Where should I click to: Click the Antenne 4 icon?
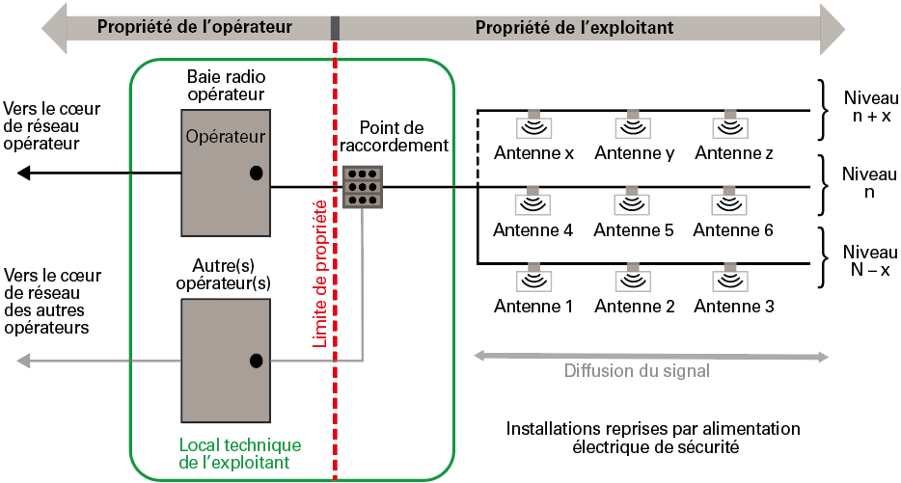(533, 203)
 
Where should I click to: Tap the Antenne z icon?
(729, 126)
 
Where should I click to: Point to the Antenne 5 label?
(634, 230)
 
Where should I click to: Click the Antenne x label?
(533, 153)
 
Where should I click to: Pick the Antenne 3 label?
(734, 308)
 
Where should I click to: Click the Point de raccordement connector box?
(363, 187)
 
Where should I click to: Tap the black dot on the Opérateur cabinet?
(256, 174)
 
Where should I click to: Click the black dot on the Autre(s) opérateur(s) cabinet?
(256, 361)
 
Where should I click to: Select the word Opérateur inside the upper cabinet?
(225, 137)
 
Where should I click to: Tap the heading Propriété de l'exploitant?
(574, 27)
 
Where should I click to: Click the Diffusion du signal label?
(637, 371)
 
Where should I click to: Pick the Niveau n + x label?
(870, 106)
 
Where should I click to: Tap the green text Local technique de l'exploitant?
(240, 454)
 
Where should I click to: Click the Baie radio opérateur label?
(226, 84)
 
